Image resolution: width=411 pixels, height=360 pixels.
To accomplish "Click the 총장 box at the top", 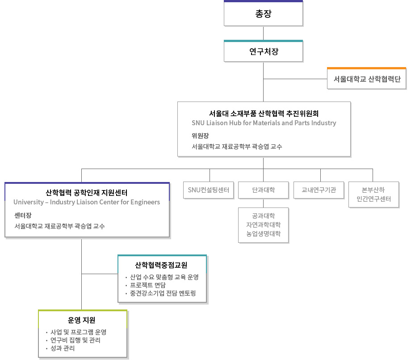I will (x=263, y=14).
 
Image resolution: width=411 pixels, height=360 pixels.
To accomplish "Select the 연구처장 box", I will (x=263, y=51).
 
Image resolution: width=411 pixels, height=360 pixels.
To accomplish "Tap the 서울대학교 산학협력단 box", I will (x=367, y=79).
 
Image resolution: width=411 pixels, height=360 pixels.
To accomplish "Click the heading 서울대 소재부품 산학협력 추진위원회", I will (x=264, y=113).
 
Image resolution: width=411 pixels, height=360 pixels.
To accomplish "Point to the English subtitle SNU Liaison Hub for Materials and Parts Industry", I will (x=264, y=123).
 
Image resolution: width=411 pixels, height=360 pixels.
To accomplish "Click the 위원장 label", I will (x=200, y=136).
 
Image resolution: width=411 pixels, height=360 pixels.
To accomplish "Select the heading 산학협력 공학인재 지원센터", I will (x=87, y=193).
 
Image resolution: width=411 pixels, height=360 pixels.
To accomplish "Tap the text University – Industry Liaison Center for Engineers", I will (x=87, y=202).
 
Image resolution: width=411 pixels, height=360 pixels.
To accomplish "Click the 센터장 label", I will (x=23, y=215).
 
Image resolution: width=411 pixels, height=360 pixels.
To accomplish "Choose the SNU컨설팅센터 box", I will (x=209, y=190).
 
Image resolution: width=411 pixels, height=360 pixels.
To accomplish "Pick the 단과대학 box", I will (x=263, y=190).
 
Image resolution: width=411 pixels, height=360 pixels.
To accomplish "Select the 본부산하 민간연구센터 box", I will (x=373, y=195).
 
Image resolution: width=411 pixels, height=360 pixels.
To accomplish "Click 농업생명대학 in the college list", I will (x=263, y=233).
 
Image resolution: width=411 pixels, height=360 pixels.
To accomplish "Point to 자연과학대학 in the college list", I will (x=263, y=224).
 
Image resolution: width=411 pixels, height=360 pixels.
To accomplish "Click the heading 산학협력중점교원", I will (x=161, y=265).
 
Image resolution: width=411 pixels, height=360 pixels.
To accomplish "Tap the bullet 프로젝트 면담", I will (x=148, y=285).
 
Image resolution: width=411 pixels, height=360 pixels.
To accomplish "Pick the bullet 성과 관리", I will (x=63, y=348).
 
